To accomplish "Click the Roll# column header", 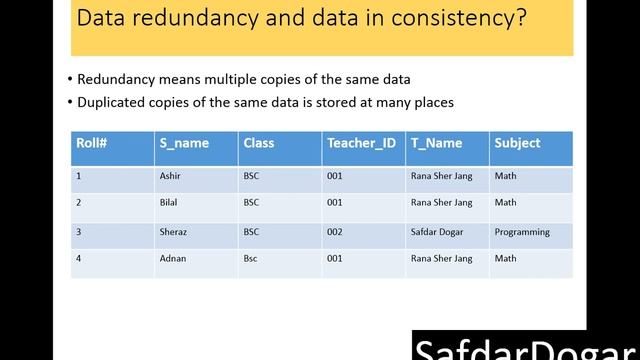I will (x=92, y=143).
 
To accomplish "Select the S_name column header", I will (x=184, y=143).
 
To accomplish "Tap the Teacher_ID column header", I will (x=361, y=143).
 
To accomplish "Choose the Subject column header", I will (x=517, y=143).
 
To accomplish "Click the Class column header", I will (x=258, y=143).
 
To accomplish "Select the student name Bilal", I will (x=169, y=203).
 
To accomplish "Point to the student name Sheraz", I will (x=173, y=232).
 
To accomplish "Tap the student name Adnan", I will (x=172, y=259).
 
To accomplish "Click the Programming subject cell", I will (x=522, y=232).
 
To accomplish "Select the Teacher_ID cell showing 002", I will (x=334, y=232).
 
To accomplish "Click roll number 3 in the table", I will (x=78, y=232).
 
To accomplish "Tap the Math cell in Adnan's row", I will (x=505, y=259).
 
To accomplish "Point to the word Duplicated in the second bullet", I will (x=112, y=102).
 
